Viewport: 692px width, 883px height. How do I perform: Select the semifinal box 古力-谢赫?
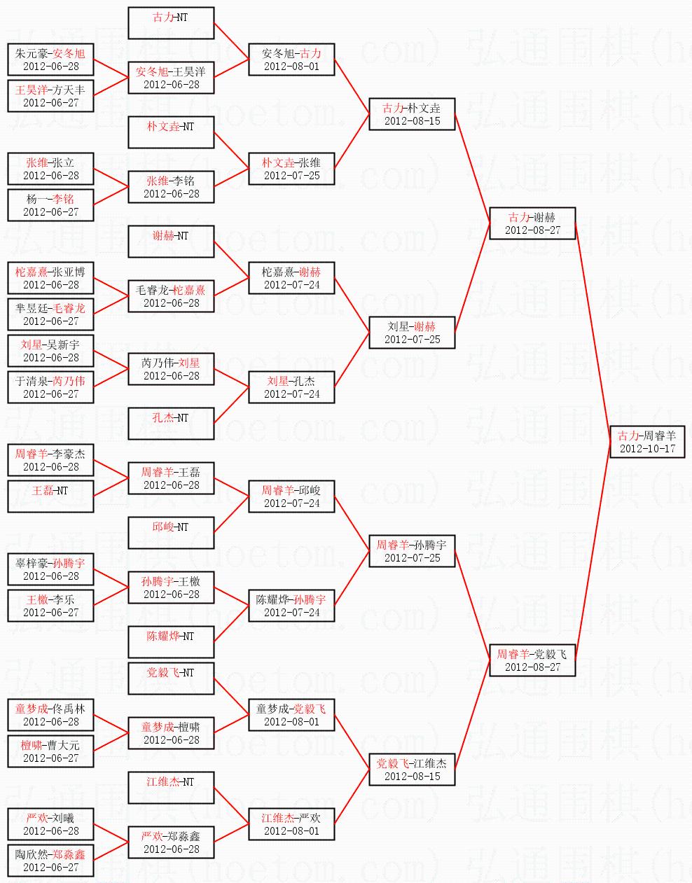pos(532,223)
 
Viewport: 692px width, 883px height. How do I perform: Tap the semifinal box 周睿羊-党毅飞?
pos(532,660)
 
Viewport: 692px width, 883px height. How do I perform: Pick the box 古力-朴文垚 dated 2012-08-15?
pos(413,114)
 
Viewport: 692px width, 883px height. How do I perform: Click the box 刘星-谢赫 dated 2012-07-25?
pos(413,333)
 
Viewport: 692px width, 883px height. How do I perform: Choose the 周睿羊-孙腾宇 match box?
pos(413,551)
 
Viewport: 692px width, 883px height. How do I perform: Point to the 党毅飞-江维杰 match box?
pos(413,770)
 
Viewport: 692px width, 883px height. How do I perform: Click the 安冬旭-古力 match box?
pos(291,60)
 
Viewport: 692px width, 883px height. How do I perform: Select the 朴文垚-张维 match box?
pos(291,169)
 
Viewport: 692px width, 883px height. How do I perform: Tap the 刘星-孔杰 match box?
pos(291,387)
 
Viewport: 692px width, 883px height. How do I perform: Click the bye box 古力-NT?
pos(171,23)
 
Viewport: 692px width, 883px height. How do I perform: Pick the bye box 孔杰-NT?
pos(171,424)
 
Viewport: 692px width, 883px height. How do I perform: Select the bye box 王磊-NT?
pos(50,496)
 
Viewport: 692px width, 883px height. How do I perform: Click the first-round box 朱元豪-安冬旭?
pos(50,60)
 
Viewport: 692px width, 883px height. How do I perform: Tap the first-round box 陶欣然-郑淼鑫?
pos(50,861)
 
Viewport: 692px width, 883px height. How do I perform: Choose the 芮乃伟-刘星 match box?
pos(171,369)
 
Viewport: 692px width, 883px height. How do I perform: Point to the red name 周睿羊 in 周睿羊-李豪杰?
pos(32,454)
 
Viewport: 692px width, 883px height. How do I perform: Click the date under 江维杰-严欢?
pos(291,831)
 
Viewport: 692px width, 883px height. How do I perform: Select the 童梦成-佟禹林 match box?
pos(50,715)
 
